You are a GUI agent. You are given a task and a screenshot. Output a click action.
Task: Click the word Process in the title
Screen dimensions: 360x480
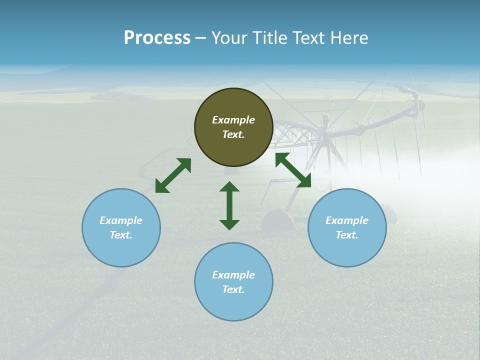click(x=157, y=38)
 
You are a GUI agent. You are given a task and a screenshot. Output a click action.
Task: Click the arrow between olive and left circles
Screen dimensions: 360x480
click(x=173, y=175)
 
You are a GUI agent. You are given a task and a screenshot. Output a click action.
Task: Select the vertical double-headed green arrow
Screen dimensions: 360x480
click(x=229, y=205)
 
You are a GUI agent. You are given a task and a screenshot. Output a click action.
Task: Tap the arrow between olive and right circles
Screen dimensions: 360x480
click(x=293, y=170)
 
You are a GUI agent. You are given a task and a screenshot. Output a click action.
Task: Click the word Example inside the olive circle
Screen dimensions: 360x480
click(x=233, y=120)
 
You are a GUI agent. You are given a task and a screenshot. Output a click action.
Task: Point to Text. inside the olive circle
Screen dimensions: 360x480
click(x=233, y=134)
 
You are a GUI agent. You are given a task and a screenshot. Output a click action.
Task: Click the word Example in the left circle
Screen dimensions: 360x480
click(x=121, y=220)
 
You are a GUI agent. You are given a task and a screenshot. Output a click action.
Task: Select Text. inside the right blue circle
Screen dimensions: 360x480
click(x=347, y=235)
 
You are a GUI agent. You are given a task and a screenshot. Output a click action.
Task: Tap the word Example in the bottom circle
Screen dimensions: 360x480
click(x=233, y=275)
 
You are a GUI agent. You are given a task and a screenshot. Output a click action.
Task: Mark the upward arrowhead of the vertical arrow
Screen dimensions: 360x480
click(x=229, y=186)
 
